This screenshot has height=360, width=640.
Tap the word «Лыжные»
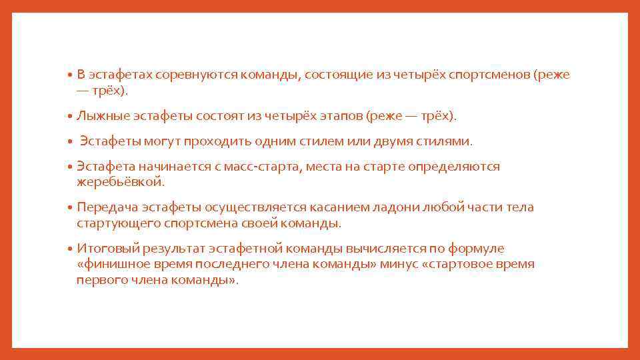99,116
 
